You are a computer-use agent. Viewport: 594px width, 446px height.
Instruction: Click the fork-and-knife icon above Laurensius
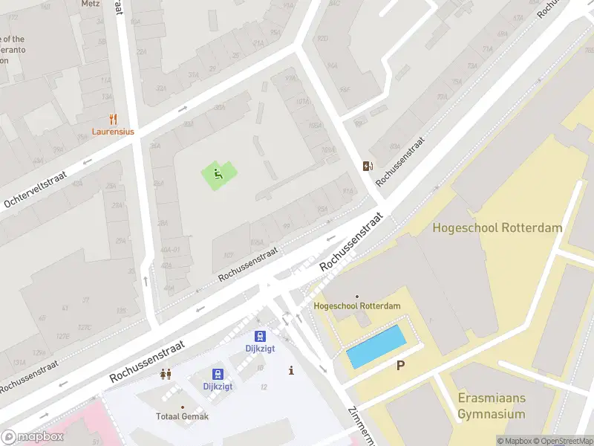[x=113, y=118]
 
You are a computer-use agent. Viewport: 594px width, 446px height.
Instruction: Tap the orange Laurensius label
[x=113, y=132]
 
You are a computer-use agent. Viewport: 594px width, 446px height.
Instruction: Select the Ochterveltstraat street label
[x=36, y=189]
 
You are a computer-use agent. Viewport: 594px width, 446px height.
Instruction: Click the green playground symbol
[x=218, y=175]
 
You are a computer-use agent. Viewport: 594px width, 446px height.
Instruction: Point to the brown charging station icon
[x=367, y=166]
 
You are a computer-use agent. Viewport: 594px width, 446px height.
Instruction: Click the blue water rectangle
[x=376, y=346]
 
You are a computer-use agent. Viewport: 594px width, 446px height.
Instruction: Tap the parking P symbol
[x=401, y=365]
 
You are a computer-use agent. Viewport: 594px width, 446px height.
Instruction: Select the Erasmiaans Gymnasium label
[x=491, y=407]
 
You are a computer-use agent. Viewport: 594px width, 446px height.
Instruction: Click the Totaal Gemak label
[x=182, y=416]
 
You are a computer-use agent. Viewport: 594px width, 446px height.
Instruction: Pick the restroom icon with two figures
[x=166, y=374]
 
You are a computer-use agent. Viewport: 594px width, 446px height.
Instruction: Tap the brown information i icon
[x=291, y=370]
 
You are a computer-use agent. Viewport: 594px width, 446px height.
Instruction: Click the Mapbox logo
[x=32, y=436]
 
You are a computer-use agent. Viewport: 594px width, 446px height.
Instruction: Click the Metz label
[x=90, y=4]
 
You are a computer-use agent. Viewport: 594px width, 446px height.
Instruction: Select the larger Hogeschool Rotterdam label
[x=497, y=228]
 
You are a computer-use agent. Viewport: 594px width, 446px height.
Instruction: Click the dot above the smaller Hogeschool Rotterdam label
[x=357, y=297]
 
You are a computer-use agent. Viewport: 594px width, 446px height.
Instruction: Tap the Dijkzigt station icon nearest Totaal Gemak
[x=218, y=374]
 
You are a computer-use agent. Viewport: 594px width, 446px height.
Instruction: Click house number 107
[x=229, y=255]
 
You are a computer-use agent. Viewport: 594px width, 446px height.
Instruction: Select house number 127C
[x=85, y=327]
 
